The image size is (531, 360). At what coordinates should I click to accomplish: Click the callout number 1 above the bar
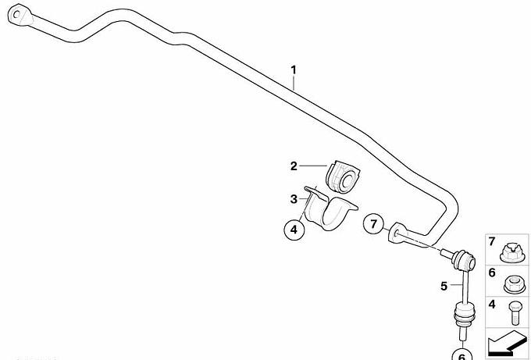294,70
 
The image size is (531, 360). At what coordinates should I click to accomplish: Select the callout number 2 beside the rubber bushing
294,166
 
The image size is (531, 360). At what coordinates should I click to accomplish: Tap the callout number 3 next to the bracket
294,199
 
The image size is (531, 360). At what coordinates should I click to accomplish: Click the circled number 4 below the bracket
294,230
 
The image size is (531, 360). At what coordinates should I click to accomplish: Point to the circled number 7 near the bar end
373,224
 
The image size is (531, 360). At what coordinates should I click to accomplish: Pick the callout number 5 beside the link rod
444,286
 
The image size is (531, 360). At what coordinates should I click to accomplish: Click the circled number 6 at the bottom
462,355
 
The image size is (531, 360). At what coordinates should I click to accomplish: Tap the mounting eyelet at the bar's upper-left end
20,15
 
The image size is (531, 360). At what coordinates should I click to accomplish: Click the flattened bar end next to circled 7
397,233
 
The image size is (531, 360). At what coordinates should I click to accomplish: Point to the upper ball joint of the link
465,260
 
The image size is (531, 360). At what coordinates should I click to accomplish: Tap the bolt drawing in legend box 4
513,313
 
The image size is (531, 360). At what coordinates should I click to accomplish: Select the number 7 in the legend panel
492,241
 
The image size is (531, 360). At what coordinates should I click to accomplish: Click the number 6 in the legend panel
492,273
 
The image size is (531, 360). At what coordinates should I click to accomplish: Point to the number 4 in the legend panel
492,304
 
